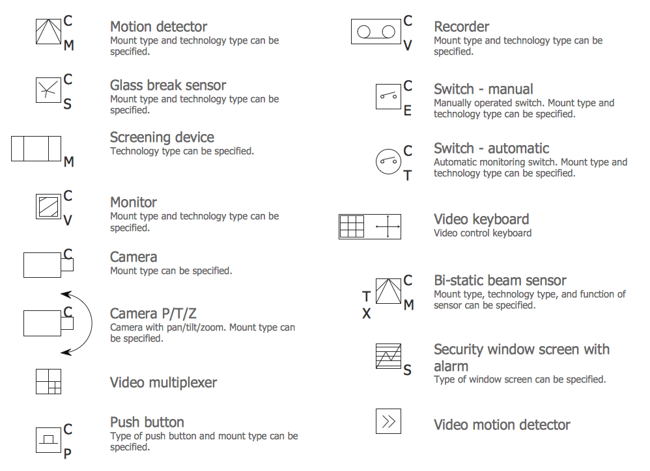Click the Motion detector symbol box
click(x=48, y=31)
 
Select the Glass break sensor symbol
click(x=48, y=90)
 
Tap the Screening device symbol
click(x=36, y=148)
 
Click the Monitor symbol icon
click(x=48, y=206)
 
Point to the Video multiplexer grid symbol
click(x=48, y=382)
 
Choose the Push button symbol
click(x=48, y=440)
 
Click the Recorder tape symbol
click(x=376, y=31)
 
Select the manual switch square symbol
click(x=388, y=96)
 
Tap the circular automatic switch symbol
click(x=388, y=161)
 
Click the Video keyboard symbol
click(x=370, y=226)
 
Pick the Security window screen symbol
click(x=388, y=356)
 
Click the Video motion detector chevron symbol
click(x=388, y=422)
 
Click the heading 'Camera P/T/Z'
click(x=153, y=314)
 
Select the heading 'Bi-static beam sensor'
click(x=500, y=280)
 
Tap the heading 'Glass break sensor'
click(x=168, y=85)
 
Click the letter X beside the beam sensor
click(x=367, y=314)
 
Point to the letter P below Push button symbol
click(x=68, y=454)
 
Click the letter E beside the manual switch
click(x=408, y=111)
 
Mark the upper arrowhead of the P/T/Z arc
click(x=66, y=294)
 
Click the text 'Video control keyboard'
click(x=483, y=233)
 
